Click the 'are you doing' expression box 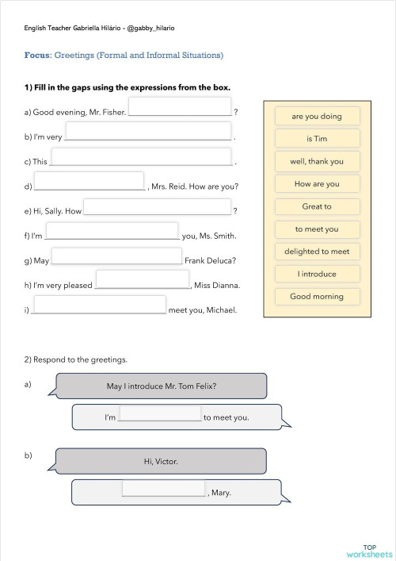(x=317, y=117)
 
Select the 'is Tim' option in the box (x=317, y=139)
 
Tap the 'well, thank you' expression (x=317, y=161)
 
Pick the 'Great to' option (x=317, y=206)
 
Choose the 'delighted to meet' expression (x=317, y=252)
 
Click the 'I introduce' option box (x=317, y=274)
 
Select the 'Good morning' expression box (x=317, y=296)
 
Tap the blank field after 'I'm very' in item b (x=148, y=132)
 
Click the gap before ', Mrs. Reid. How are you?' (x=89, y=182)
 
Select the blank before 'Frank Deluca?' (x=116, y=256)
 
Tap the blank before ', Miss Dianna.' (x=143, y=280)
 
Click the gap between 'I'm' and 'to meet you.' (x=160, y=413)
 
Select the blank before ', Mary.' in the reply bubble (x=163, y=489)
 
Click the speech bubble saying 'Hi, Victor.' (x=161, y=461)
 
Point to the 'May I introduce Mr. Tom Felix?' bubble (x=161, y=386)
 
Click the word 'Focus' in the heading (x=37, y=56)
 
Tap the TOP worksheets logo (x=369, y=551)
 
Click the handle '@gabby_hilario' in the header (x=150, y=28)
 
